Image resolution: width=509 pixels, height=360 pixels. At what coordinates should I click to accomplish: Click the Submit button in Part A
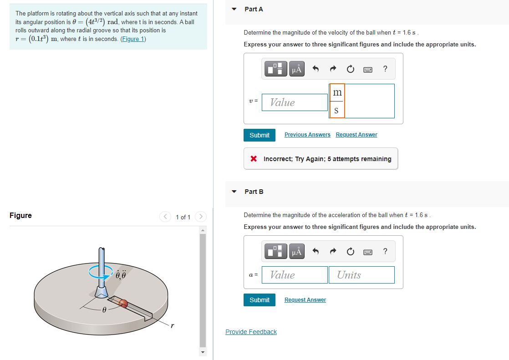[x=260, y=135]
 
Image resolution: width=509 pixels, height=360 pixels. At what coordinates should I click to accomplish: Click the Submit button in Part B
[x=260, y=300]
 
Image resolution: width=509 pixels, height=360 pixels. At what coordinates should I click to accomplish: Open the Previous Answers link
[x=307, y=135]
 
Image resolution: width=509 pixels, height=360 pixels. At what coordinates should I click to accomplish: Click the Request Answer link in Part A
[x=356, y=135]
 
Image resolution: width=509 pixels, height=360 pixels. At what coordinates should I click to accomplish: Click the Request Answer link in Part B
[x=305, y=300]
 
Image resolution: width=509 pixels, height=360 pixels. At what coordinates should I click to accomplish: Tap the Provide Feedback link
[x=251, y=332]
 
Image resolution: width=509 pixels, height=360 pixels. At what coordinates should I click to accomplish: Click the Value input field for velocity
[x=295, y=102]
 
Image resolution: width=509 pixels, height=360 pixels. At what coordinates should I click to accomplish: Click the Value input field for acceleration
[x=295, y=275]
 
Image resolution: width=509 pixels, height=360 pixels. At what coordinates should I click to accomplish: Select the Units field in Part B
[x=361, y=275]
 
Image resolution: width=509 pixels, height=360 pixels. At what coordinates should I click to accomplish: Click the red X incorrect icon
[x=254, y=159]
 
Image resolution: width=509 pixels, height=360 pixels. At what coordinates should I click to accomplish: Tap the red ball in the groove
[x=123, y=304]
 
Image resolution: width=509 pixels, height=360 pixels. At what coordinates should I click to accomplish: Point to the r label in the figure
[x=172, y=325]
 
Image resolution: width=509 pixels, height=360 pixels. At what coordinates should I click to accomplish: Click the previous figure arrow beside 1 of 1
[x=165, y=217]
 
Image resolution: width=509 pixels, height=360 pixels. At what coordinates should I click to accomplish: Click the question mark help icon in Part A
[x=385, y=69]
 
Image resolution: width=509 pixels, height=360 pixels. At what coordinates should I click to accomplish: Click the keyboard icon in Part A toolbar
[x=368, y=69]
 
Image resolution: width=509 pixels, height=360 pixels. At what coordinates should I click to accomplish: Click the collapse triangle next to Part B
[x=234, y=192]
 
